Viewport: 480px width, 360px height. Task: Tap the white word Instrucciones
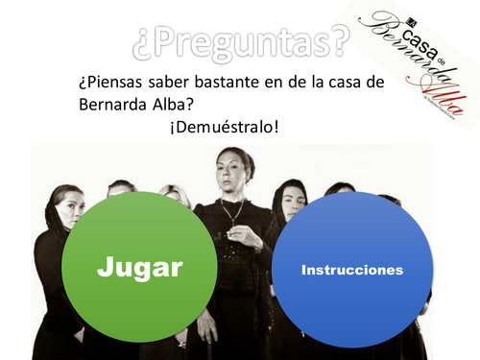click(351, 272)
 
